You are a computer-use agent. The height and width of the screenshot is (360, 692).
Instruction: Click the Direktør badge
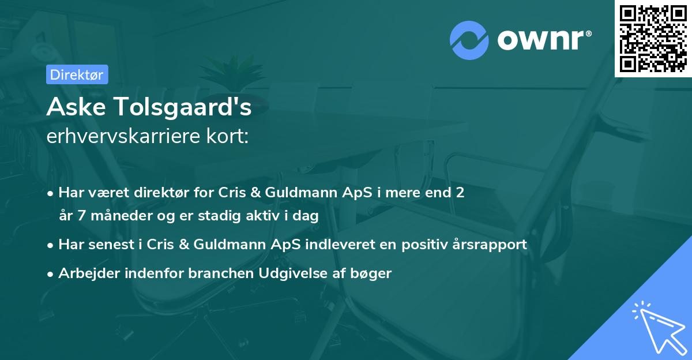77,74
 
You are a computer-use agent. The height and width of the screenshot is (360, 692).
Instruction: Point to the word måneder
115,216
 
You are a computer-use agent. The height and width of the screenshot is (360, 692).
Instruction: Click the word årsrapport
491,244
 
